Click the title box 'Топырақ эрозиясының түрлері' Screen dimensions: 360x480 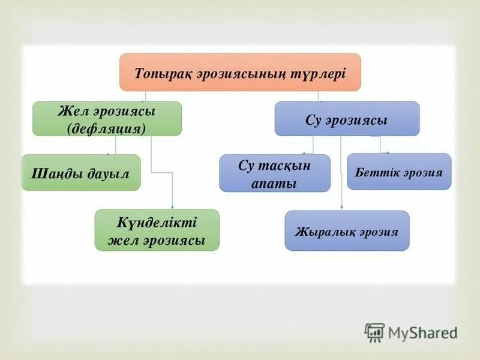pyautogui.click(x=240, y=72)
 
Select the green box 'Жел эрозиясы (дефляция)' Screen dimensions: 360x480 pyautogui.click(x=107, y=119)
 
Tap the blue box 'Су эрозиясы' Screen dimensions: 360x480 pyautogui.click(x=347, y=119)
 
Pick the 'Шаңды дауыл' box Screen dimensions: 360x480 pyautogui.click(x=80, y=173)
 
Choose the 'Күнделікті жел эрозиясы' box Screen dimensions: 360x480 pyautogui.click(x=157, y=230)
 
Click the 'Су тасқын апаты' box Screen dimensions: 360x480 pyautogui.click(x=274, y=173)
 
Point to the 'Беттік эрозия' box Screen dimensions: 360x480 pyautogui.click(x=398, y=172)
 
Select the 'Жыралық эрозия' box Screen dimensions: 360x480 pyautogui.click(x=347, y=230)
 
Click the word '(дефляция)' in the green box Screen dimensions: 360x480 pyautogui.click(x=107, y=128)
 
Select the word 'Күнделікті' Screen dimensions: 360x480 pyautogui.click(x=157, y=221)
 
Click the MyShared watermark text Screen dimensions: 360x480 pyautogui.click(x=422, y=332)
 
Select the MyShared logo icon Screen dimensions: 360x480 pyautogui.click(x=374, y=332)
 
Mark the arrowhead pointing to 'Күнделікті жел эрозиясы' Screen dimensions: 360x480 pyautogui.click(x=173, y=207)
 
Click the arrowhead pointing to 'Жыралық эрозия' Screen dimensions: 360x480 pyautogui.click(x=341, y=208)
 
